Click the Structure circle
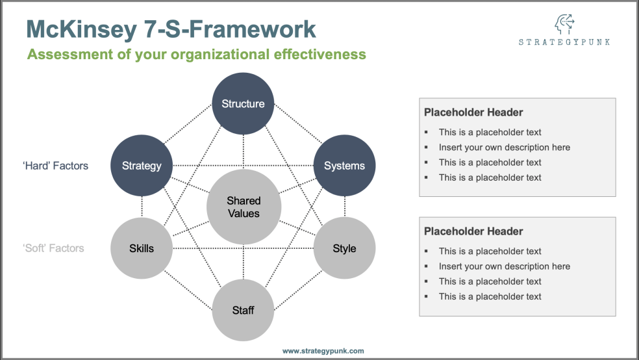[x=243, y=103]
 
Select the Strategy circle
[x=142, y=166]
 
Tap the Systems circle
[x=344, y=166]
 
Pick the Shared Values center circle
[x=244, y=207]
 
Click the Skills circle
[x=142, y=248]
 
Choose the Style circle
[x=344, y=248]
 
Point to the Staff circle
[x=243, y=310]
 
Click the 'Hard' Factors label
[x=55, y=166]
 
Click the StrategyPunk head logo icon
[x=564, y=25]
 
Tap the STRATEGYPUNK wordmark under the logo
[x=564, y=42]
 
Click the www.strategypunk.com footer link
[x=323, y=351]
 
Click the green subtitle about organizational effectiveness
[x=196, y=55]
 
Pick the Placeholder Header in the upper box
[x=473, y=112]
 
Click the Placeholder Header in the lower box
[x=473, y=231]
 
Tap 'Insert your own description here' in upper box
[x=504, y=148]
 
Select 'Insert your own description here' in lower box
[x=504, y=266]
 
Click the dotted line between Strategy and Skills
[x=142, y=207]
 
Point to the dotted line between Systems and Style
[x=344, y=207]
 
